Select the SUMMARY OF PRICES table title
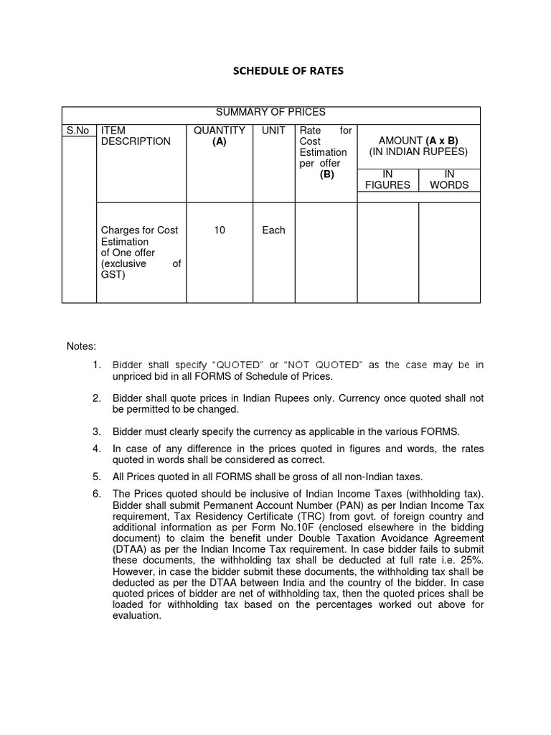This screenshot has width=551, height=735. (270, 112)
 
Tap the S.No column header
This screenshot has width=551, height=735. (77, 131)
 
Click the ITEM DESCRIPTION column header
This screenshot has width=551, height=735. (126, 136)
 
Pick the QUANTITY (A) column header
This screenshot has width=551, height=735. (220, 136)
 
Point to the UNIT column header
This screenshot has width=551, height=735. (273, 131)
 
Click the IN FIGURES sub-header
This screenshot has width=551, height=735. (387, 179)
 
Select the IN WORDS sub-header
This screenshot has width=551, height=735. (448, 179)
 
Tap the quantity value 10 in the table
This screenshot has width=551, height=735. (220, 230)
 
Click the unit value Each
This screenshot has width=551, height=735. (273, 230)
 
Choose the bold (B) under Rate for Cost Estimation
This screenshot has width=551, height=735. (327, 174)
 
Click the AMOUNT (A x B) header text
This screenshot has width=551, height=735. (418, 141)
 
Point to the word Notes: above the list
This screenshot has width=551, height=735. (81, 347)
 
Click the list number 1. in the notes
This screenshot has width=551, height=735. (97, 365)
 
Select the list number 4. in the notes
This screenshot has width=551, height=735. (97, 449)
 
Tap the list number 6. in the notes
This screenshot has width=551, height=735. (97, 494)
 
